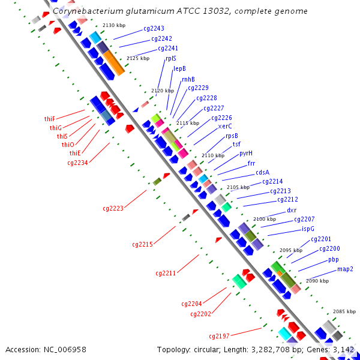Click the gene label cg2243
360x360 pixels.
click(x=154, y=28)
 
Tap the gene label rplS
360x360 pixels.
click(x=170, y=59)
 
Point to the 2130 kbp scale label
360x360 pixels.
click(x=114, y=25)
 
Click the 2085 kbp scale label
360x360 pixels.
click(x=344, y=311)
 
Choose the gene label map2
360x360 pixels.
click(x=345, y=269)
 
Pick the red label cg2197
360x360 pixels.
click(x=219, y=336)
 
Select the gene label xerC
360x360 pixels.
click(x=225, y=126)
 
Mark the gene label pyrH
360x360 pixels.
click(x=246, y=153)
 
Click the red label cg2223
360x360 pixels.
click(x=113, y=208)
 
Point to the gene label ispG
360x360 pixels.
click(x=308, y=229)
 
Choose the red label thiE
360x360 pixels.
click(x=75, y=153)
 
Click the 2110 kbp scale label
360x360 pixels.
click(x=212, y=155)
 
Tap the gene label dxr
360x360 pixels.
click(x=292, y=210)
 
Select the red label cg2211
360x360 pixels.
click(x=166, y=273)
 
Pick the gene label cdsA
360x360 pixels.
click(x=263, y=172)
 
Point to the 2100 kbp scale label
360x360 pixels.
click(x=265, y=219)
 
